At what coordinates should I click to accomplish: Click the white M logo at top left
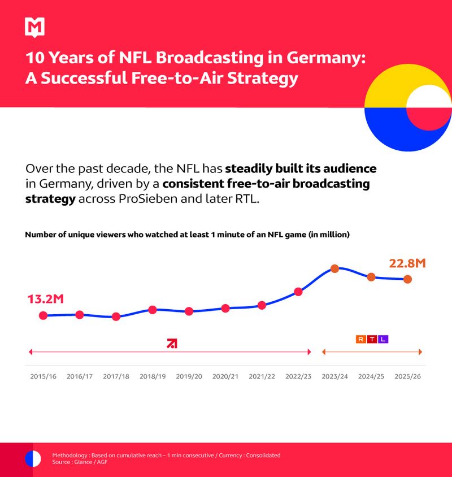point(34,27)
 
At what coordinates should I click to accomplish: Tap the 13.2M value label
point(45,298)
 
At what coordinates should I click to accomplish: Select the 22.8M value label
point(407,263)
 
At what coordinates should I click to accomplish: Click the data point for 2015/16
point(43,315)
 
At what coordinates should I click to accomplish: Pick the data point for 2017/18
point(116,316)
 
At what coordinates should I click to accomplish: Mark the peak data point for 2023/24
point(334,268)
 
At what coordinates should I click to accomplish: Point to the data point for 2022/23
point(298,292)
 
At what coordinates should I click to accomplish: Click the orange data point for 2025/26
point(407,279)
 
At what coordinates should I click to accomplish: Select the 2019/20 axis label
point(189,376)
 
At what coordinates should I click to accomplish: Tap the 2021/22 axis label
point(262,376)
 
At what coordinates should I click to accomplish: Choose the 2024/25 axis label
point(371,376)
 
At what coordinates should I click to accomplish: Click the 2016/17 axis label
point(80,376)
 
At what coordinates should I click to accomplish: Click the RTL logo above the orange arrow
point(372,339)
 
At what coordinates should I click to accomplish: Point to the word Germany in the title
point(320,58)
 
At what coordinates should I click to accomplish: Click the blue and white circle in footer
point(33,458)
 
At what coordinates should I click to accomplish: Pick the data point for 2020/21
point(225,308)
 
